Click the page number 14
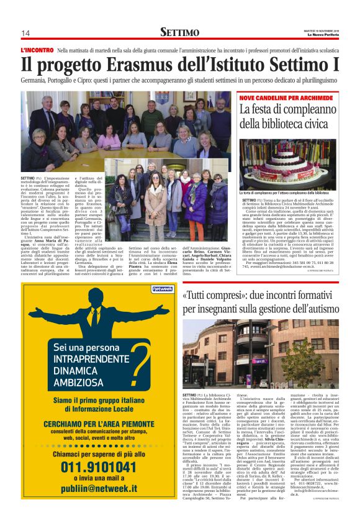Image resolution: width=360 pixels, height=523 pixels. pos(26,33)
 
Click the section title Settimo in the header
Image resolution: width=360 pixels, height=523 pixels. pos(179,32)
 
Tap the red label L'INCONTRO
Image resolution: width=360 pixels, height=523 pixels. pos(37,49)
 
